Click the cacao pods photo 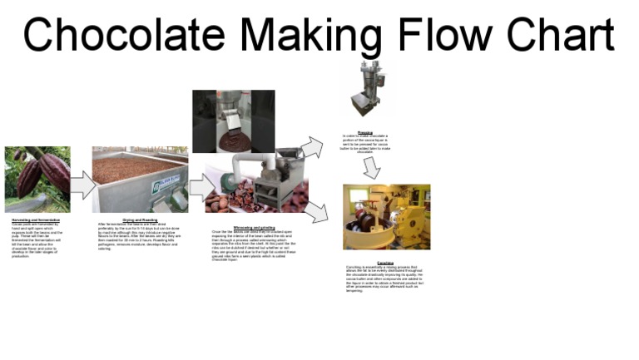point(37,180)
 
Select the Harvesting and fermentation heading point(36,219)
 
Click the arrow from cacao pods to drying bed point(82,184)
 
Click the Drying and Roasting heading point(140,219)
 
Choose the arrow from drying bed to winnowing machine point(201,187)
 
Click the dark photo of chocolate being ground point(233,121)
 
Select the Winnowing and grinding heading point(254,227)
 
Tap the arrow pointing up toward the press point(310,148)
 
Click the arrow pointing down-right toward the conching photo point(315,213)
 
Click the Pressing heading point(364,132)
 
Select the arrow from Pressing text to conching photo point(371,168)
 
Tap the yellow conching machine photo point(386,217)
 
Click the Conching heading point(385,263)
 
